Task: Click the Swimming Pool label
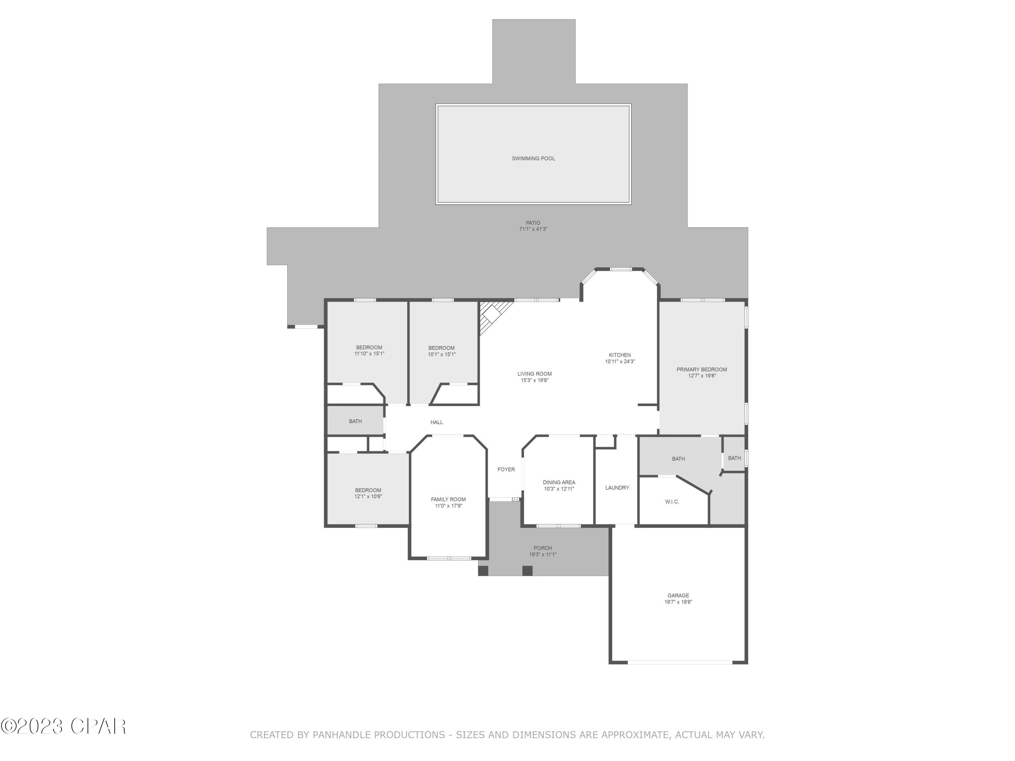(x=533, y=159)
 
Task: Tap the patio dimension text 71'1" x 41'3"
(x=533, y=229)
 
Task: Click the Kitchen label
(x=619, y=355)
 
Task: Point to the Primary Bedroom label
(x=702, y=370)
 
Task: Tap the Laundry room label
(x=617, y=488)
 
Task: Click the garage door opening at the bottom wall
(x=680, y=662)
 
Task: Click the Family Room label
(x=448, y=500)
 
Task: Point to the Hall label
(x=436, y=422)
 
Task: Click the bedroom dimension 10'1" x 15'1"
(x=442, y=354)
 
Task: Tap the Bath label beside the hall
(x=355, y=421)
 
